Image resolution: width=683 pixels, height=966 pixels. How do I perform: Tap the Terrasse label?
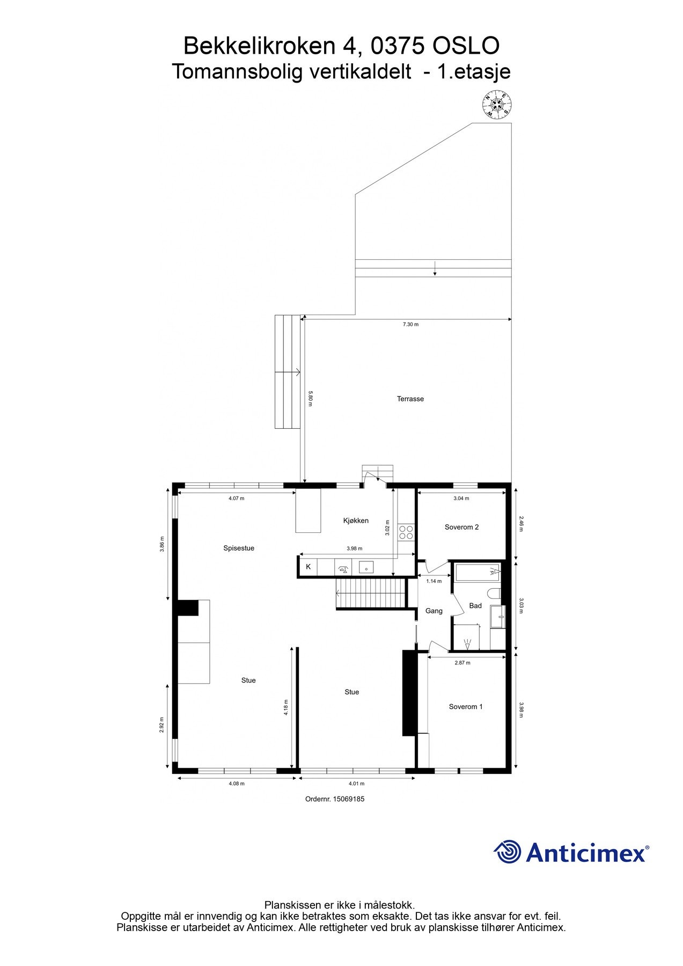point(410,399)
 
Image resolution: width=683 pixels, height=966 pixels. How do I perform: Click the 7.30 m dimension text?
point(410,325)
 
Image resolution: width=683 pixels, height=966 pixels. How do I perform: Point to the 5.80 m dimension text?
point(310,398)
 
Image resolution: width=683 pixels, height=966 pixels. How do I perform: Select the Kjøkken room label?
point(356,521)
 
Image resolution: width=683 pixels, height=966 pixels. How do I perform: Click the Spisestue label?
point(239,548)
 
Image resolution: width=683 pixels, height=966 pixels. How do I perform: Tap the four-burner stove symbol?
point(406,532)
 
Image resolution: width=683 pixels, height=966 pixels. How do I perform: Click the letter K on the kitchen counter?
point(308,567)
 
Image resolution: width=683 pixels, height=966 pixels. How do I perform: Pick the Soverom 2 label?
point(461,527)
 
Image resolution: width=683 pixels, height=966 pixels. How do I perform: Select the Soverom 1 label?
point(466,707)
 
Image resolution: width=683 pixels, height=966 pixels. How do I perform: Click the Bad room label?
point(475,606)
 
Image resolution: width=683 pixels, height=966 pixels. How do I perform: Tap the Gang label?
point(434,611)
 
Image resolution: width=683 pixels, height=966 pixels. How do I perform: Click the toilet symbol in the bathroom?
point(495,593)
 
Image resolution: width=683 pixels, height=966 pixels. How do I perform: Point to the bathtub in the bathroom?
point(478,573)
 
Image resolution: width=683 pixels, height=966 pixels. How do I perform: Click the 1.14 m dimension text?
point(434,581)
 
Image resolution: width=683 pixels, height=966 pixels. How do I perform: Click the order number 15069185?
point(349,799)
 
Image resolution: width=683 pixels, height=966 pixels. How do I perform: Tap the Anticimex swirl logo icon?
point(508,852)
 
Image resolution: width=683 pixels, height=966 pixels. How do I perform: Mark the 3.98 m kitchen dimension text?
point(355,548)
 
